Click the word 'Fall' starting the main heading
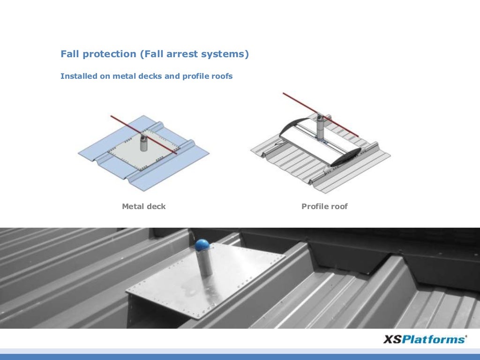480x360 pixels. click(x=71, y=54)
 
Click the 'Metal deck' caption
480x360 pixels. click(x=143, y=206)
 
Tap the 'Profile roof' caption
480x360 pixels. click(x=324, y=206)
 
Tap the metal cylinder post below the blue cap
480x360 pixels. click(x=204, y=265)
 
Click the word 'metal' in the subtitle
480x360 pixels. click(x=124, y=76)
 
